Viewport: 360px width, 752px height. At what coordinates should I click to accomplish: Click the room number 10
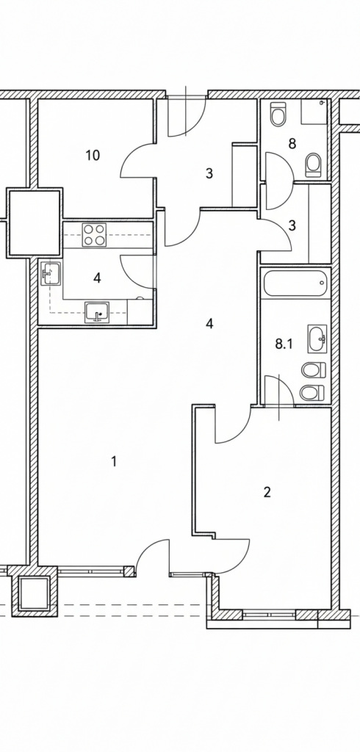tap(93, 156)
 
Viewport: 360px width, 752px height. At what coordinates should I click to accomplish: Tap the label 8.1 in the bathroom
tap(284, 344)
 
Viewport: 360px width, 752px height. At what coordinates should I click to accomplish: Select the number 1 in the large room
tap(114, 461)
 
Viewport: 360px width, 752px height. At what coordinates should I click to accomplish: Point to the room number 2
tap(267, 492)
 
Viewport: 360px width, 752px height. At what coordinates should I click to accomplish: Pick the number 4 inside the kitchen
tap(97, 278)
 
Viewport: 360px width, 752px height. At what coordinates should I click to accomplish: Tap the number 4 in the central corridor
tap(209, 324)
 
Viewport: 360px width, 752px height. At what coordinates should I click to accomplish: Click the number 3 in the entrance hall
tap(209, 173)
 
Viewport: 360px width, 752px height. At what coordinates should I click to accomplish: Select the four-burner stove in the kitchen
tap(93, 235)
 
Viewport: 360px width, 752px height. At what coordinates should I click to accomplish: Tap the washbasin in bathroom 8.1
tap(317, 338)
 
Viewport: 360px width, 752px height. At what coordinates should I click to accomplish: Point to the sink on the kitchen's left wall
tap(51, 273)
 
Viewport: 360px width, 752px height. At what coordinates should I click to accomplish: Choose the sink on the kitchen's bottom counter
tap(97, 313)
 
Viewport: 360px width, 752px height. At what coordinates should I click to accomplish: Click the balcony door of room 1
tap(153, 557)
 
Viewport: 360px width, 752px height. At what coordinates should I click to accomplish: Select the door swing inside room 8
tap(279, 181)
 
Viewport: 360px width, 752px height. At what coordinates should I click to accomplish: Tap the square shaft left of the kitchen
tap(34, 222)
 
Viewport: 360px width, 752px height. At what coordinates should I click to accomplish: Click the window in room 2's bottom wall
tap(269, 613)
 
